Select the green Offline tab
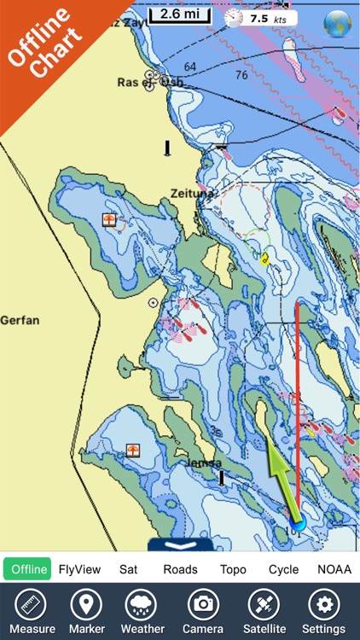click(x=28, y=569)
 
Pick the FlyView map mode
click(x=78, y=569)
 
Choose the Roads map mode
click(x=180, y=569)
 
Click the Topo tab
click(x=232, y=569)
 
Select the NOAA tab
click(x=334, y=569)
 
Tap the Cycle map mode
click(x=283, y=569)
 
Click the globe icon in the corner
click(x=338, y=21)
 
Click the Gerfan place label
click(x=20, y=320)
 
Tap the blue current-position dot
click(x=297, y=522)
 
